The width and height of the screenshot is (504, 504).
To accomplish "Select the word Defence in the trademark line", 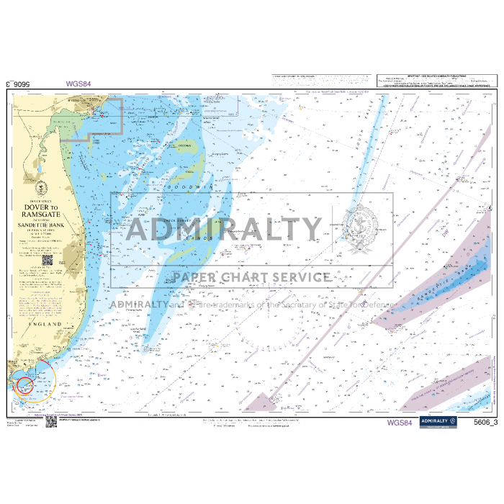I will pos(379,304).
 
